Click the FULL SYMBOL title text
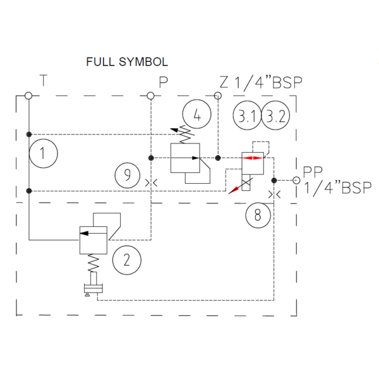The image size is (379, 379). click(126, 62)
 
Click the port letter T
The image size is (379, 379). click(42, 80)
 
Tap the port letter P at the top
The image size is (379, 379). click(163, 81)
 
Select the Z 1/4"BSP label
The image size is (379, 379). click(261, 81)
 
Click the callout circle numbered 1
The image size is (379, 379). click(42, 153)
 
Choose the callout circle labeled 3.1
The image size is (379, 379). click(246, 116)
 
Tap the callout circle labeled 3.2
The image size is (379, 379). click(275, 116)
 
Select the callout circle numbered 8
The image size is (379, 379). click(258, 215)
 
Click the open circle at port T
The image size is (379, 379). click(28, 96)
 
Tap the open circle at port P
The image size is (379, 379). click(150, 96)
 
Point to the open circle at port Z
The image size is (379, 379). click(217, 96)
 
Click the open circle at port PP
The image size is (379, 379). click(296, 180)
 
